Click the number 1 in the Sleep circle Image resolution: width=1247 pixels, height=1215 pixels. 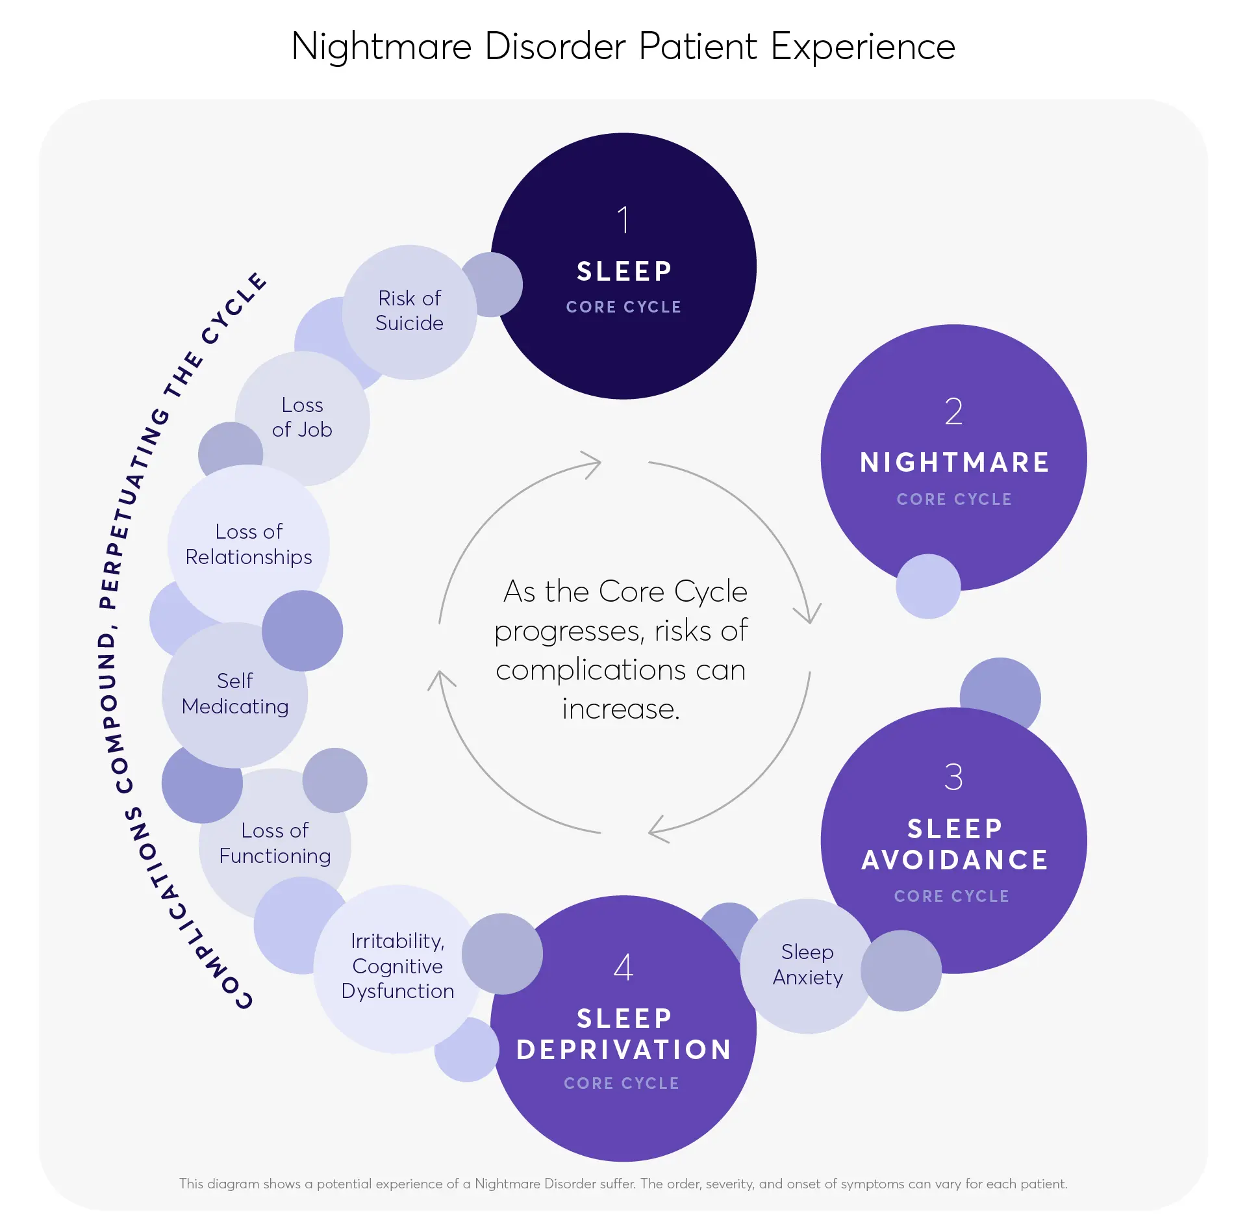(623, 220)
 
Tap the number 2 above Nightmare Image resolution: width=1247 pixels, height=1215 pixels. (953, 412)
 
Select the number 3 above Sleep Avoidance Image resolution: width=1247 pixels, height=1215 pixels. (953, 777)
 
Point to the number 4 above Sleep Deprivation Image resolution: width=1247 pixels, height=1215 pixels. (623, 967)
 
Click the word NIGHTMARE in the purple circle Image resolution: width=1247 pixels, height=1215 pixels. (954, 463)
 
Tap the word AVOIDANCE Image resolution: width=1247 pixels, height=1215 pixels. (955, 860)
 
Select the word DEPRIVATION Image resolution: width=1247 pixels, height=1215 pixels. (623, 1050)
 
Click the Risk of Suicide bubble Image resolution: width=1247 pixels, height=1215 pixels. (409, 311)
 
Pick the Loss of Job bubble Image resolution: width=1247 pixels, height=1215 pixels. (302, 417)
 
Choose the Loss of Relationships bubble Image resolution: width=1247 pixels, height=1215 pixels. (249, 544)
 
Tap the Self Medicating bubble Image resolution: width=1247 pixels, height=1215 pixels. (234, 694)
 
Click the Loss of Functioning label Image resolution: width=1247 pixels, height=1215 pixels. (275, 843)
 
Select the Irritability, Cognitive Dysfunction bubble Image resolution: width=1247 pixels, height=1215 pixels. (397, 966)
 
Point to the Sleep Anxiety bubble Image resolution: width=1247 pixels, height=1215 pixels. (807, 965)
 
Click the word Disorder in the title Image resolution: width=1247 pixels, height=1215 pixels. (555, 47)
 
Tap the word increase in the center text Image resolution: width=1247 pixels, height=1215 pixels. (621, 709)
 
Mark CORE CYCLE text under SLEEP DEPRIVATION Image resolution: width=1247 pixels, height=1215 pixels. (622, 1083)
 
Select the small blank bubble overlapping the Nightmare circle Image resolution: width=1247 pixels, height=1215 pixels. (927, 586)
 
